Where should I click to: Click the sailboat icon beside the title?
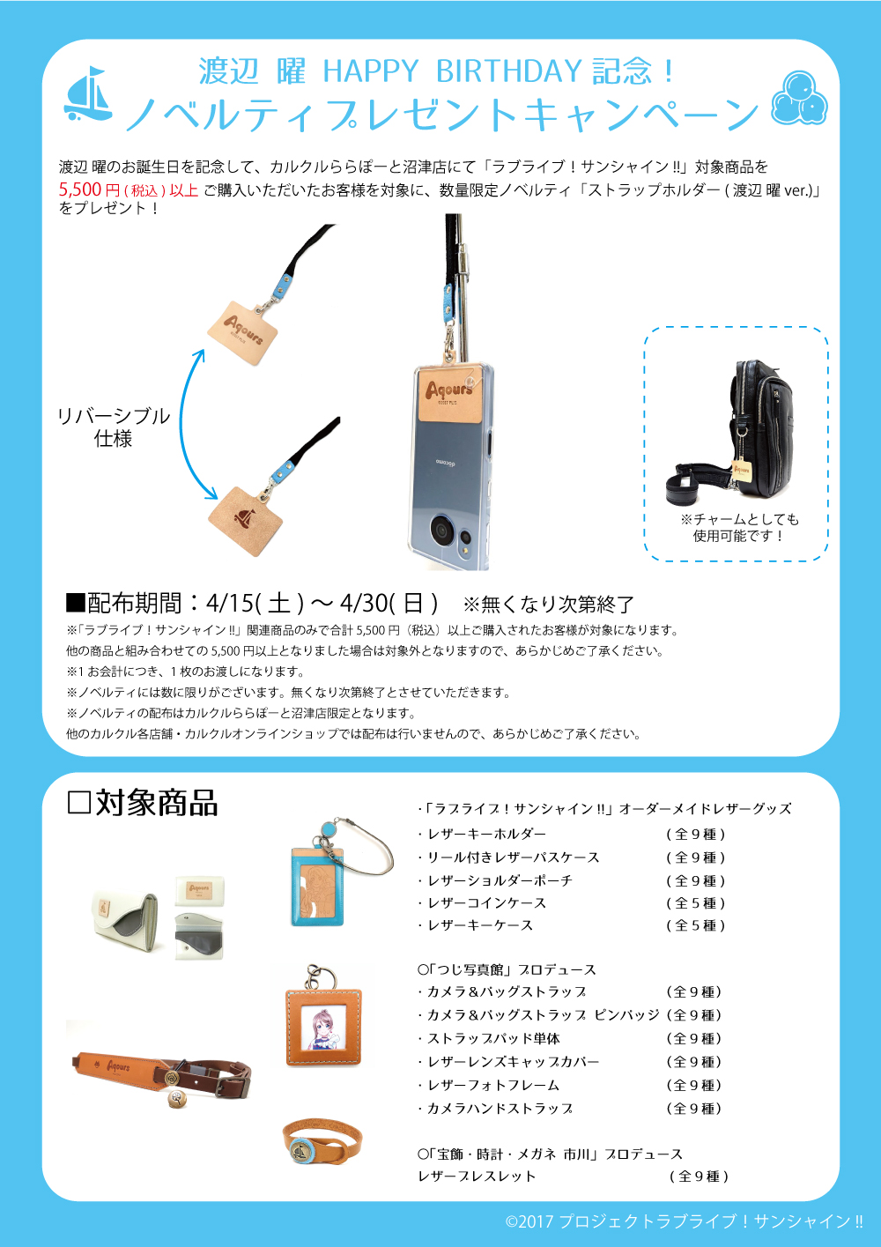click(x=88, y=93)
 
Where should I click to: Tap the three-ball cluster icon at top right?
click(x=799, y=97)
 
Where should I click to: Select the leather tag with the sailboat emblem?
click(x=246, y=521)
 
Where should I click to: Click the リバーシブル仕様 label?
click(x=114, y=427)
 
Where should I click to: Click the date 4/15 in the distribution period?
click(x=228, y=602)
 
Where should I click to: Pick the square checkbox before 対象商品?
click(x=78, y=804)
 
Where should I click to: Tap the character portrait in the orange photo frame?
click(x=323, y=1028)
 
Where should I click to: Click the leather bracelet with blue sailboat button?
click(x=322, y=1142)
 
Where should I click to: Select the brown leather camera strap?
click(x=161, y=1075)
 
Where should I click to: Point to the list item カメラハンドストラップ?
click(x=495, y=1109)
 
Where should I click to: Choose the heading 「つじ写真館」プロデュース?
click(x=507, y=969)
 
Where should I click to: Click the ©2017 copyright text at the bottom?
click(x=684, y=1221)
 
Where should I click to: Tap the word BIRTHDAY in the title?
click(x=508, y=71)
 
